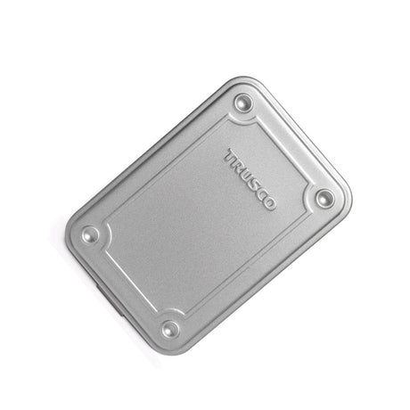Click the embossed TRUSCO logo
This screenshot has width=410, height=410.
pyautogui.click(x=250, y=179)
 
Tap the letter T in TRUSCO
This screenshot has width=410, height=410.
pyautogui.click(x=231, y=156)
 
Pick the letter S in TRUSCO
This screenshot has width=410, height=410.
pyautogui.click(x=255, y=184)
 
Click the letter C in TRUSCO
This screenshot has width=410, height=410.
pyautogui.click(x=262, y=194)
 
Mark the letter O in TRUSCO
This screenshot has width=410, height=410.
pyautogui.click(x=269, y=202)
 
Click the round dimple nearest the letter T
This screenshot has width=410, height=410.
pyautogui.click(x=243, y=102)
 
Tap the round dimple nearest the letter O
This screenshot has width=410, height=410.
pyautogui.click(x=324, y=198)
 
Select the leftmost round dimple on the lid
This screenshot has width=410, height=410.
pyautogui.click(x=90, y=234)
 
